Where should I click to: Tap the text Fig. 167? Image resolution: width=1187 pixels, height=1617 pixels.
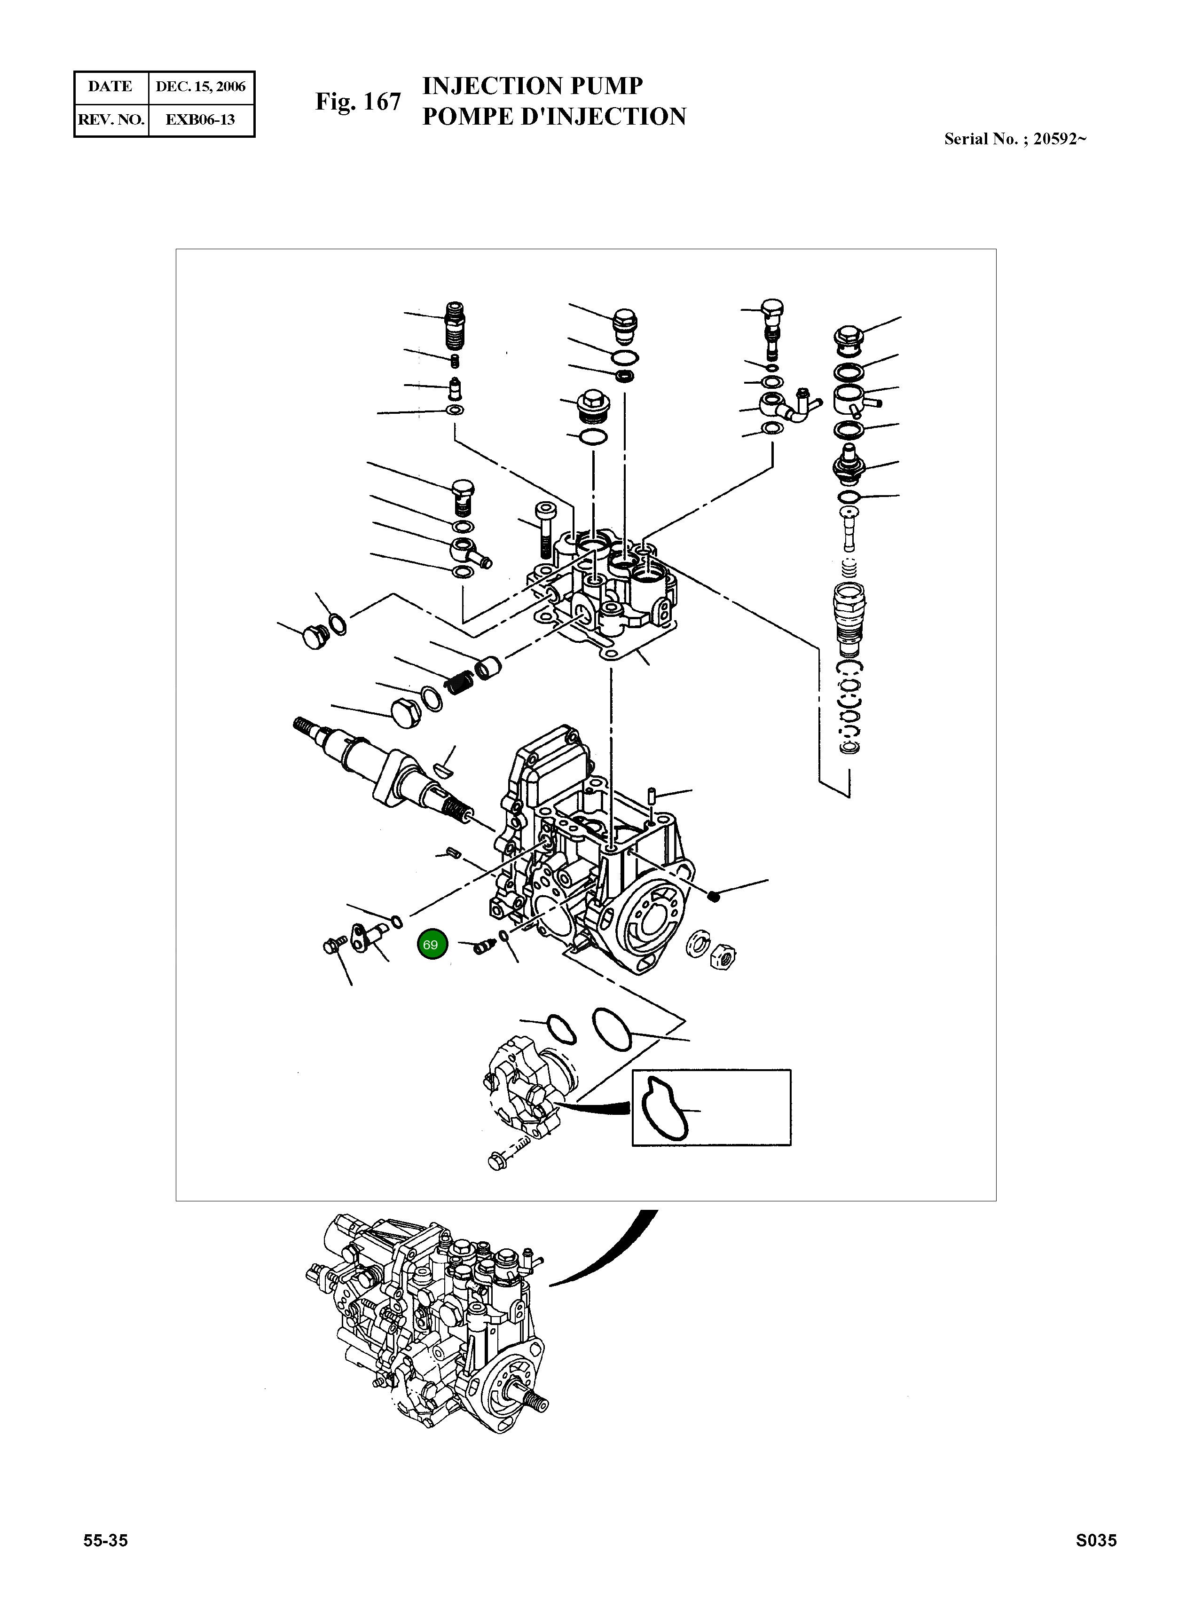pos(358,102)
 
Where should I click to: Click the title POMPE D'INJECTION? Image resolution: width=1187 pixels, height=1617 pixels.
pos(553,117)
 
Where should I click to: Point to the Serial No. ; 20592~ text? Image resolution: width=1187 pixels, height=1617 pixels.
pos(1014,140)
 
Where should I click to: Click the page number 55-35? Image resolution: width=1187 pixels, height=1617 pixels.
pos(106,1560)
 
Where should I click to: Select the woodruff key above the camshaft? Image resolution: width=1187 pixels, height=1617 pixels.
pos(443,770)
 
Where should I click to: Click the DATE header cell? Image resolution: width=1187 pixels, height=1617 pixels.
pos(110,87)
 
